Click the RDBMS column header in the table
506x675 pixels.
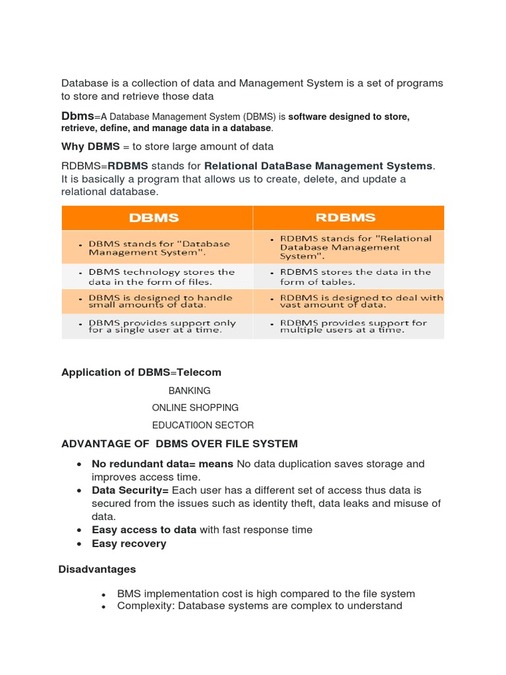(x=346, y=218)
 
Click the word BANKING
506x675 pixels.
(x=190, y=391)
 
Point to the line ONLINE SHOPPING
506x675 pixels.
(x=195, y=408)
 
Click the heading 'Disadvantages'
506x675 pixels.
(x=97, y=569)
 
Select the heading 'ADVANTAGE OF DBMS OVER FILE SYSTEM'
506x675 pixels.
(x=179, y=444)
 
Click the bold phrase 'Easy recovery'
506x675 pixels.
(x=129, y=544)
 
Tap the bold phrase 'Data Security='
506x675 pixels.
(x=130, y=490)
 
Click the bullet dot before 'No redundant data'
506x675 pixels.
(x=79, y=464)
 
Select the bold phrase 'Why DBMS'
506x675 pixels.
(x=90, y=146)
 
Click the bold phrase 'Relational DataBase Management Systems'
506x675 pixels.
(x=318, y=166)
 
